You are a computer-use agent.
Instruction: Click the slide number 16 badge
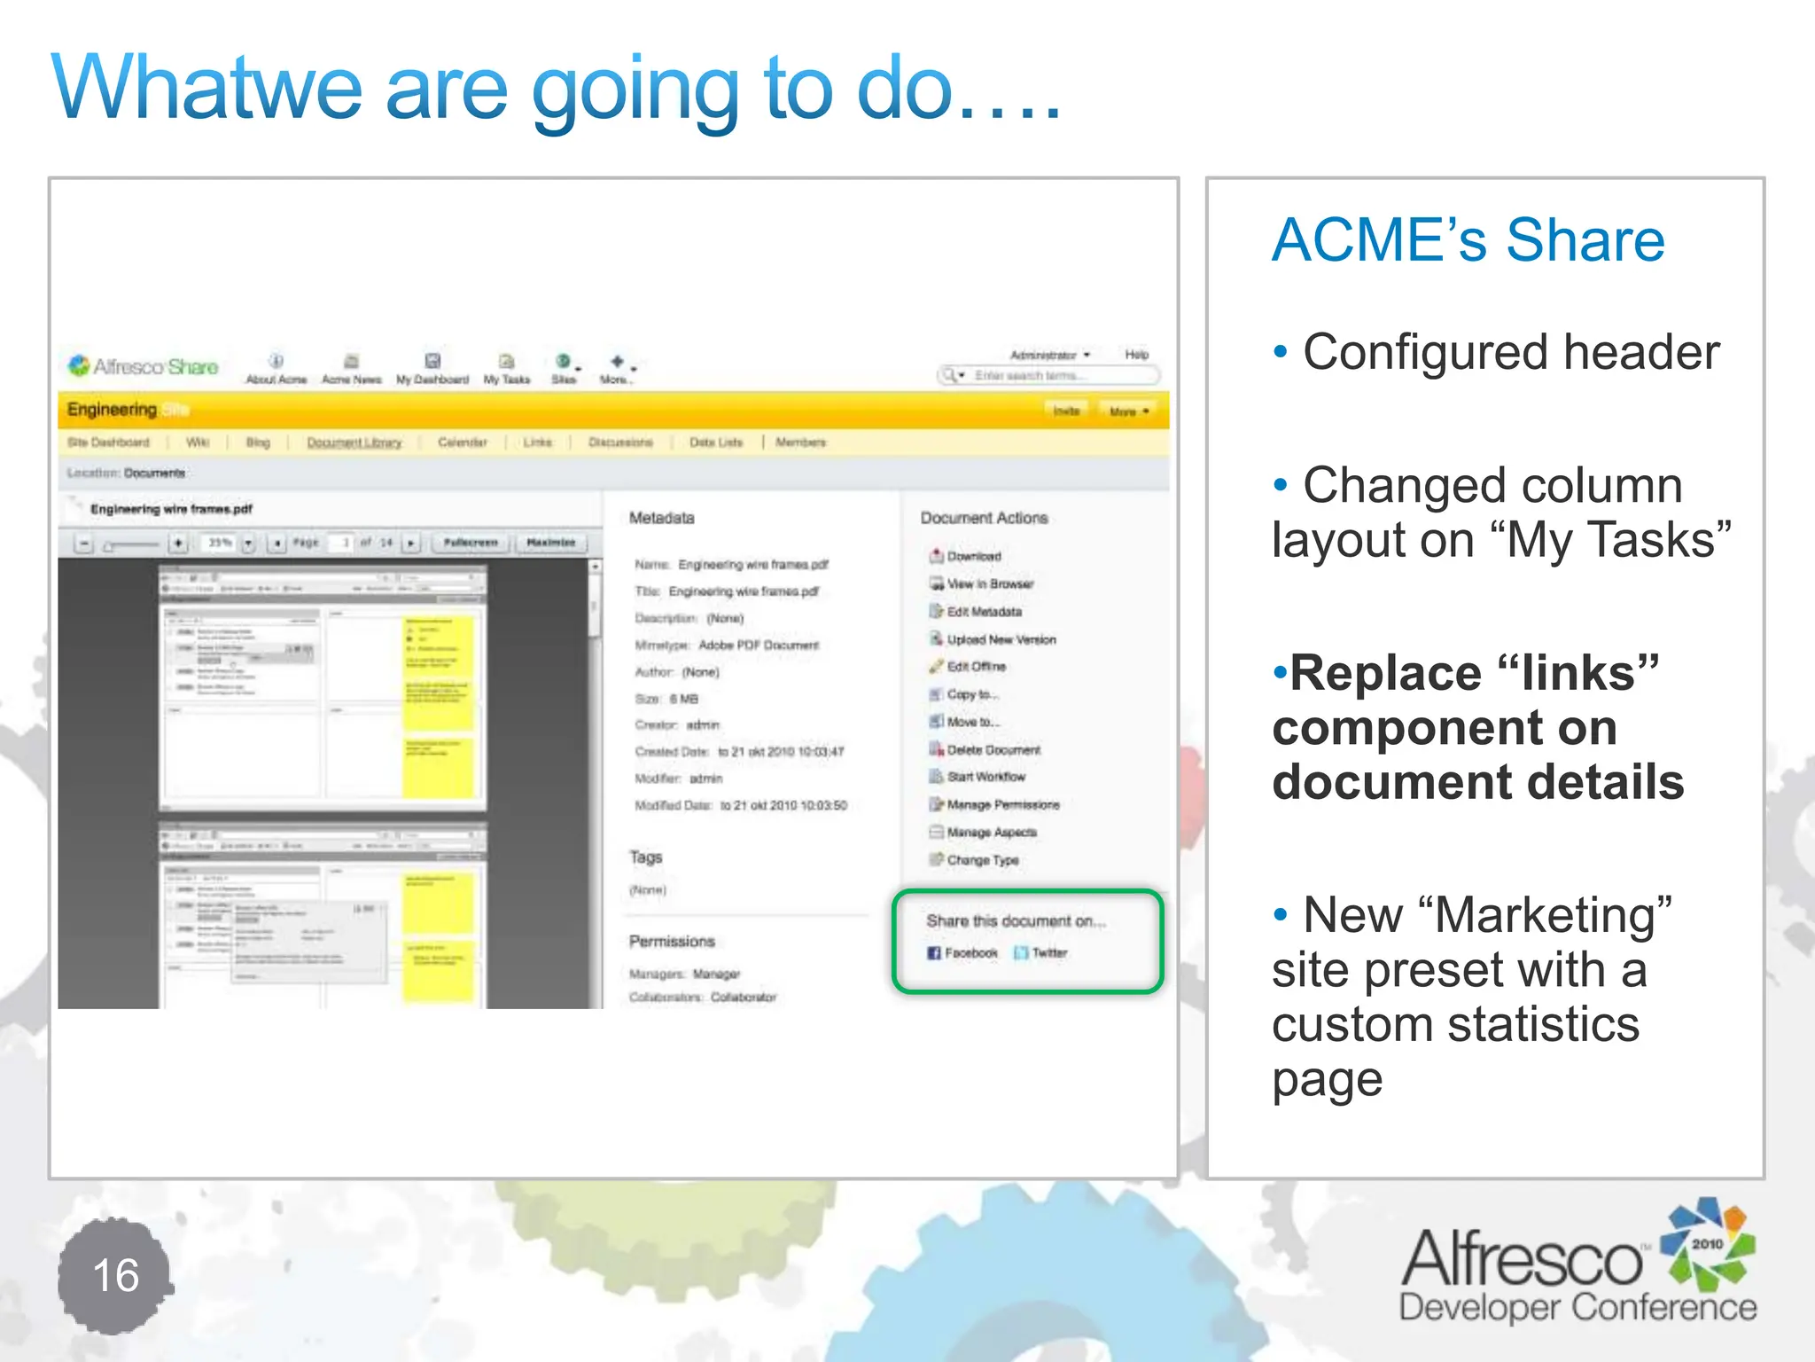[x=115, y=1275]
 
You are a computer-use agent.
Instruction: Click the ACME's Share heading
[x=1468, y=240]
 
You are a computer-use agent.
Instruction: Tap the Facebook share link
[x=963, y=952]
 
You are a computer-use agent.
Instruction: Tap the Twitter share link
[x=1042, y=952]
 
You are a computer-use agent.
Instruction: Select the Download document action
[x=973, y=556]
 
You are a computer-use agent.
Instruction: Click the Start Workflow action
[x=985, y=777]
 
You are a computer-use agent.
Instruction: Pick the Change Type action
[x=982, y=860]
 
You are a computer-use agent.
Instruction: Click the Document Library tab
[x=354, y=442]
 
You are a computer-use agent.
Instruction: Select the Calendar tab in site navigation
[x=462, y=442]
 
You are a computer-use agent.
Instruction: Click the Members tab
[x=800, y=442]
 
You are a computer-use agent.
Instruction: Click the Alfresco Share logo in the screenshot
[x=144, y=366]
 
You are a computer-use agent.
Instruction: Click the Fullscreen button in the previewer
[x=471, y=542]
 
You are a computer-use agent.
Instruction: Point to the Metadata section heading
[x=661, y=518]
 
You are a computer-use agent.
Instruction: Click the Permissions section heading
[x=672, y=941]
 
